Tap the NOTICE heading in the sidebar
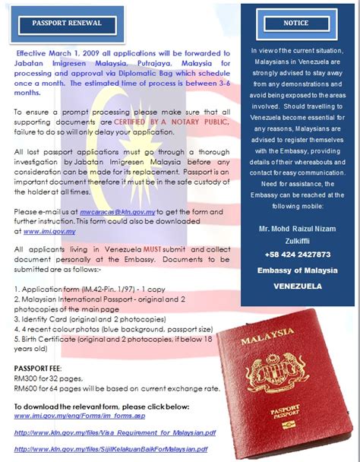295,23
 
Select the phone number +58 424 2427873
298,255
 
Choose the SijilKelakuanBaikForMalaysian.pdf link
111,450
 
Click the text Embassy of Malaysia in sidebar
297,271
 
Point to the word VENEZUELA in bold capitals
297,286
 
